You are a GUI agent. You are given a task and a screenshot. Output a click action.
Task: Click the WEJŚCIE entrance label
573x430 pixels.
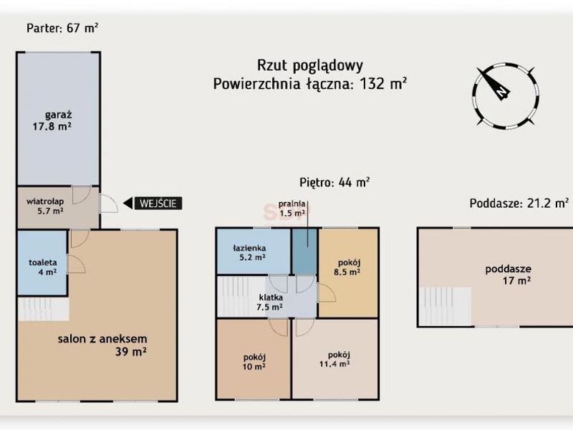click(x=158, y=204)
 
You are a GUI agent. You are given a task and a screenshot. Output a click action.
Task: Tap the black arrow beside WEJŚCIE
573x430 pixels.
click(x=127, y=204)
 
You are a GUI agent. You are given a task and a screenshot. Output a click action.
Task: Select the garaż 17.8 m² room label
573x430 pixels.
click(x=52, y=120)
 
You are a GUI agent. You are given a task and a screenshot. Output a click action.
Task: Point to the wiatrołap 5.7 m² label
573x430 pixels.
click(x=45, y=206)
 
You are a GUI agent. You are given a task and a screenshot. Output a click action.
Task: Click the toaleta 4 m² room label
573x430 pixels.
click(x=43, y=267)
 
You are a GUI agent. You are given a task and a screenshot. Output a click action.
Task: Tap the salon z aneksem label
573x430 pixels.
click(x=102, y=345)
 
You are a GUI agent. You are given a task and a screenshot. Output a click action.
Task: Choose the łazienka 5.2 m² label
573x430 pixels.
click(x=249, y=253)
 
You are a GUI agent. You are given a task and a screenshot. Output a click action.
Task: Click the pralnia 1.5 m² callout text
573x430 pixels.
click(x=292, y=209)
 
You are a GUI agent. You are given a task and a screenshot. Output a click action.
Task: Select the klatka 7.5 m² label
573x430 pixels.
click(x=269, y=302)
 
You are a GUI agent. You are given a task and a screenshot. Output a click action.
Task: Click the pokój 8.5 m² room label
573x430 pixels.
click(x=347, y=267)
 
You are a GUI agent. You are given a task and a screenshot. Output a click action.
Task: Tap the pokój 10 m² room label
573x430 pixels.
click(x=254, y=362)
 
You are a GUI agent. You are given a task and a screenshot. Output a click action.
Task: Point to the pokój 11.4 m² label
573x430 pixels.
click(x=334, y=359)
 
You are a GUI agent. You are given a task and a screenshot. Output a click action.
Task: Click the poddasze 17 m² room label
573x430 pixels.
click(x=509, y=274)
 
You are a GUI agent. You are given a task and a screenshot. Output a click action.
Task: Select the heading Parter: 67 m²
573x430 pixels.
click(x=62, y=28)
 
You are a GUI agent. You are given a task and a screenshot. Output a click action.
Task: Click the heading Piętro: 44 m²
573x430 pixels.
click(x=334, y=182)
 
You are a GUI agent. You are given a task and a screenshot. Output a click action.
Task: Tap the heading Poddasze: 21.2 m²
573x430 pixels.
click(x=519, y=203)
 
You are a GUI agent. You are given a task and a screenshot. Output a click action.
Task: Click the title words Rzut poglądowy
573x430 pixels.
click(x=310, y=66)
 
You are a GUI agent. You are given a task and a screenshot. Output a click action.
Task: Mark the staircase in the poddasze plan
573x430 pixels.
click(x=445, y=307)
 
